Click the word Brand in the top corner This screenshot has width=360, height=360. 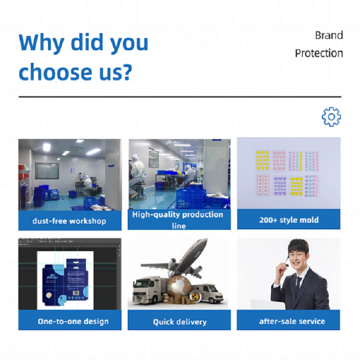pyautogui.click(x=329, y=36)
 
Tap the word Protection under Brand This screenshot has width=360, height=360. pyautogui.click(x=319, y=53)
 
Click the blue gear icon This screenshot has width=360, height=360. pyautogui.click(x=331, y=117)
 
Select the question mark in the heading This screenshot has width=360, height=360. pyautogui.click(x=127, y=72)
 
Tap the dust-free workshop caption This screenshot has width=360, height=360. pyautogui.click(x=69, y=221)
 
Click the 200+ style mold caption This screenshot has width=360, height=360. pyautogui.click(x=289, y=220)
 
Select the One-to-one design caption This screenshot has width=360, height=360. pyautogui.click(x=73, y=322)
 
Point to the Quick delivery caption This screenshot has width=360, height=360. pyautogui.click(x=180, y=322)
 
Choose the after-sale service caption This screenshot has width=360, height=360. pyautogui.click(x=292, y=321)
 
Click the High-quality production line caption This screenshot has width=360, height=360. pyautogui.click(x=178, y=220)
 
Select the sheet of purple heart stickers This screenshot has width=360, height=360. pyautogui.click(x=280, y=186)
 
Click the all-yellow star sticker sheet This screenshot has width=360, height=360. pyautogui.click(x=263, y=160)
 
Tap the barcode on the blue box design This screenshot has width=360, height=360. pyautogui.click(x=76, y=293)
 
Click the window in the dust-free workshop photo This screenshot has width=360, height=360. pyautogui.click(x=47, y=170)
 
